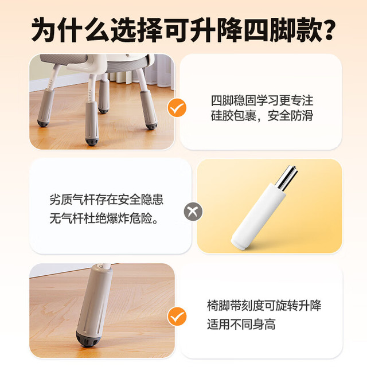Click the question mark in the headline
tap(326, 30)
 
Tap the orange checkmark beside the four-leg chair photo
tap(177, 108)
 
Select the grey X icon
tap(193, 212)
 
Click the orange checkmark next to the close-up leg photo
tap(177, 316)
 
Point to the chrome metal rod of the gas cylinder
tap(286, 178)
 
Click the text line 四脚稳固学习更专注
tap(262, 100)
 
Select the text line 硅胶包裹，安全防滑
tap(262, 116)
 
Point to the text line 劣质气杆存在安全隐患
tap(106, 200)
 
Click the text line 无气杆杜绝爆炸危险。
tap(104, 218)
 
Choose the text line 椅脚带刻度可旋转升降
tap(264, 306)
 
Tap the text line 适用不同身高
tap(241, 324)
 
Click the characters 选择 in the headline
tap(137, 30)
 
